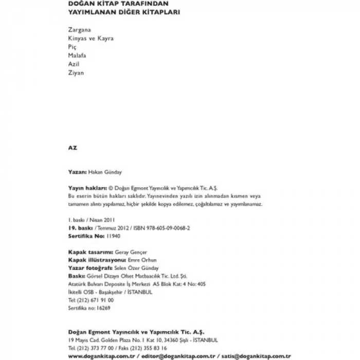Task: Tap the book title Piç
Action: (x=73, y=47)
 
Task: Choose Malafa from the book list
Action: (x=77, y=55)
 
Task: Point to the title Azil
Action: (x=74, y=64)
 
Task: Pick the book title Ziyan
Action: (x=76, y=73)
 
